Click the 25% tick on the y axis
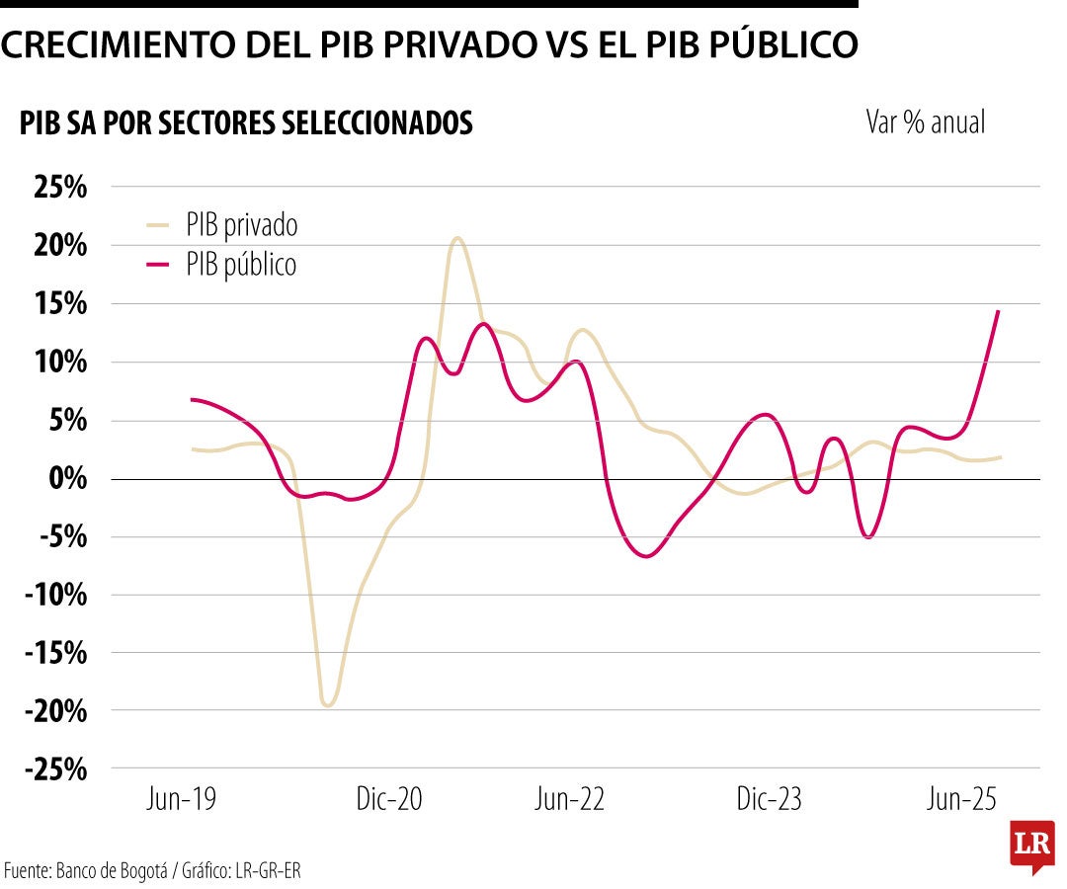[60, 187]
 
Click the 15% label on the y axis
[60, 303]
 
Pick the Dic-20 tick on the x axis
[388, 799]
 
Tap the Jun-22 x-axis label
[569, 799]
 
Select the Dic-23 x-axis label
[769, 799]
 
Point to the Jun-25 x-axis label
[961, 799]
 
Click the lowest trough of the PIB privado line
[328, 705]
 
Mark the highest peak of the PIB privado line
[456, 238]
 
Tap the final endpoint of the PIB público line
[999, 311]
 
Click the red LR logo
[1032, 847]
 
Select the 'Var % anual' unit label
[926, 122]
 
